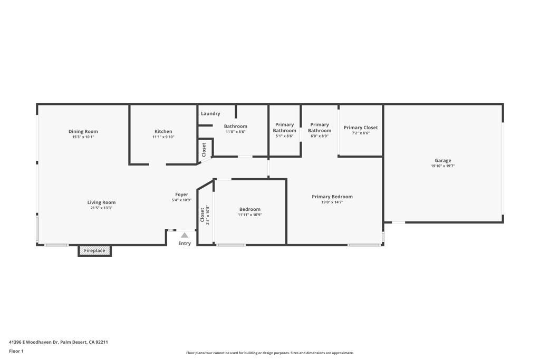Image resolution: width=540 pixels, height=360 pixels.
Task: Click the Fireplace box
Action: [x=95, y=251]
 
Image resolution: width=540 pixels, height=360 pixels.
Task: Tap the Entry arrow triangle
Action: [x=185, y=235]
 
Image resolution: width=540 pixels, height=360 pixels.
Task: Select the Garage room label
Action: [x=443, y=161]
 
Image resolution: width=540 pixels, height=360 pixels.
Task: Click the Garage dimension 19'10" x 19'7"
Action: [x=443, y=166]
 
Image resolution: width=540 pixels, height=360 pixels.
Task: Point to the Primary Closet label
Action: [x=361, y=128]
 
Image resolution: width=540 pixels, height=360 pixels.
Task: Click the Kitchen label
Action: [x=163, y=131]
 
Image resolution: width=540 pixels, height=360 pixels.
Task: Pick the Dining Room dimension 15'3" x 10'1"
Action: [x=83, y=137]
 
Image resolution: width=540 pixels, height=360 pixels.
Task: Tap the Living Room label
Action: [x=101, y=202]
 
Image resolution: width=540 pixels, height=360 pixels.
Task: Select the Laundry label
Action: [x=210, y=113]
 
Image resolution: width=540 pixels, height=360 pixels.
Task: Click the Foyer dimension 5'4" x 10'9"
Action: [x=181, y=200]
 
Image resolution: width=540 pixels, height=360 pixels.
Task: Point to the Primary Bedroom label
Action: [x=332, y=197]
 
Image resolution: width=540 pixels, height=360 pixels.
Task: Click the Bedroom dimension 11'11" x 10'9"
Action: [x=250, y=215]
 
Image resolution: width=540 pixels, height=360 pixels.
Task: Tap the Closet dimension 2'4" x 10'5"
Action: [x=208, y=215]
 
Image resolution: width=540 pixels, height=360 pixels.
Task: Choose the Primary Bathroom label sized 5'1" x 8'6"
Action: [x=284, y=128]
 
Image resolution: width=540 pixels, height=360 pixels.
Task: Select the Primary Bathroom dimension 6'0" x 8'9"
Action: [x=320, y=136]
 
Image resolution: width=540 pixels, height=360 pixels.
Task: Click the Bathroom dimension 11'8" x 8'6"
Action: [x=235, y=132]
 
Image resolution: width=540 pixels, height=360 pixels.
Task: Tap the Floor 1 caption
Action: [x=16, y=351]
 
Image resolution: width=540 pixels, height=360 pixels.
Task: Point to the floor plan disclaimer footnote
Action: [x=270, y=353]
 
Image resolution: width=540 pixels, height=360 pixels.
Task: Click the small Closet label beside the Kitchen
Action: [x=204, y=150]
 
